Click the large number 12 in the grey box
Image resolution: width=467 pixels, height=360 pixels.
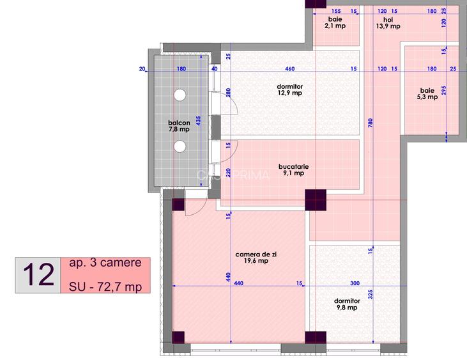click(x=38, y=276)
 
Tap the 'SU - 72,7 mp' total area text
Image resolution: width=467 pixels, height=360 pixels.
click(x=105, y=286)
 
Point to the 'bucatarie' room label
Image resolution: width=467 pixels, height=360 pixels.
click(x=294, y=168)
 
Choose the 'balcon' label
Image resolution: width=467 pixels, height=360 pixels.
click(x=179, y=124)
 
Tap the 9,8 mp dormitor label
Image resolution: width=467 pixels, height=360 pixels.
click(x=346, y=303)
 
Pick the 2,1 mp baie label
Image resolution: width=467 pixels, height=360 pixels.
click(x=335, y=22)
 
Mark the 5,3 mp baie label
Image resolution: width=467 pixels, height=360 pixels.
click(x=429, y=93)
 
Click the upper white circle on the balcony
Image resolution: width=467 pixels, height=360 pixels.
click(x=180, y=95)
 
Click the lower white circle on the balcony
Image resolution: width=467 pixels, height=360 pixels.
click(x=180, y=146)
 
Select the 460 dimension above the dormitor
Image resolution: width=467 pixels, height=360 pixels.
click(x=290, y=68)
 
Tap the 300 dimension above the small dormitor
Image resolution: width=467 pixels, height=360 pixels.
click(x=355, y=283)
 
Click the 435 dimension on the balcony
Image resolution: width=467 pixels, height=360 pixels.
click(x=198, y=121)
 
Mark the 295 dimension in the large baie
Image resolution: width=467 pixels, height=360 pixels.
click(x=443, y=91)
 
